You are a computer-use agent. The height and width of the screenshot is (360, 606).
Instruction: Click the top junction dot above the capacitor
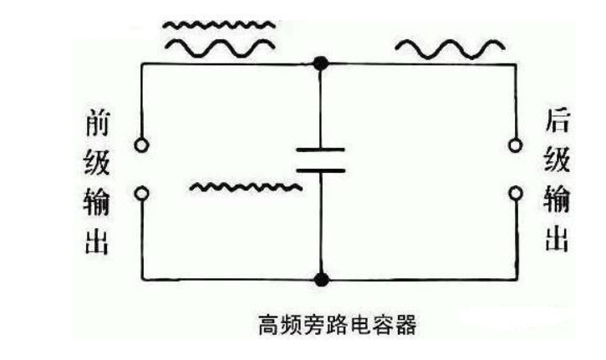coord(319,63)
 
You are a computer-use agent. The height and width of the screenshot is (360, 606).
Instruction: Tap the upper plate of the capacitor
coord(320,151)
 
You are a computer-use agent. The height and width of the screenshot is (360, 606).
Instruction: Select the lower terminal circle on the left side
coord(143,194)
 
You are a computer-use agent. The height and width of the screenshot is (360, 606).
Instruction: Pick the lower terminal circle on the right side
coord(516,194)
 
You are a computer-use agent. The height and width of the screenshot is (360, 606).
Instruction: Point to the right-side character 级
coord(557,164)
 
